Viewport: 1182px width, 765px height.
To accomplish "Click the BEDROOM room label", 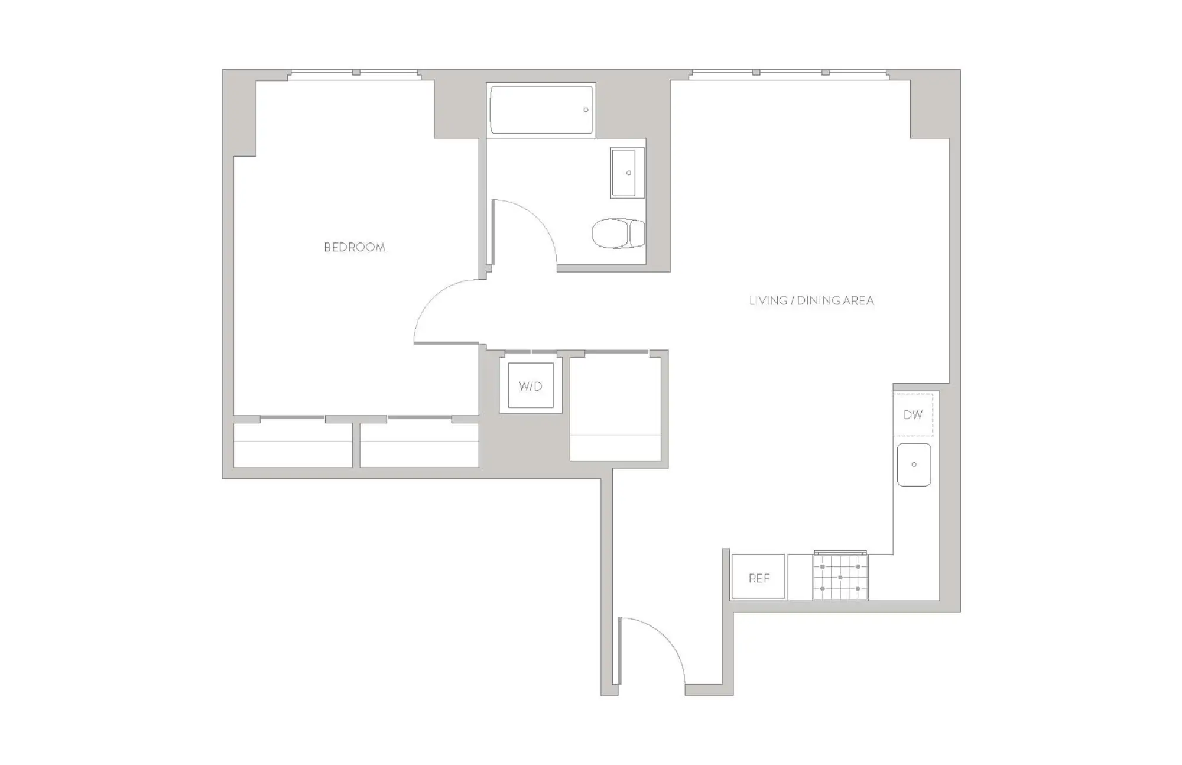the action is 355,247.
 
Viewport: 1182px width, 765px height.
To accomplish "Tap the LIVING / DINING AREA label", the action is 811,300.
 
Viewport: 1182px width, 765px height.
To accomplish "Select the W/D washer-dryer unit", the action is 531,385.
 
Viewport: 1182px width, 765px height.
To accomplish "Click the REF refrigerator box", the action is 759,577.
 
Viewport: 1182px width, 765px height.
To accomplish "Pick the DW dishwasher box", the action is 913,414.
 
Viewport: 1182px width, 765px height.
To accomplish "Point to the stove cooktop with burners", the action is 840,576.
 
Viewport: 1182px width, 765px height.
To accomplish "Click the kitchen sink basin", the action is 914,465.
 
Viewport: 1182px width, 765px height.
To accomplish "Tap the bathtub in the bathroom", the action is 541,110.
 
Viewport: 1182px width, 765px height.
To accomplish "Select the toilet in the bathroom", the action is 618,234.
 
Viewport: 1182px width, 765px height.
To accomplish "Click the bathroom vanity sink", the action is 627,173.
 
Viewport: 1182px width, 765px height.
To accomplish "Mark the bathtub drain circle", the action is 586,110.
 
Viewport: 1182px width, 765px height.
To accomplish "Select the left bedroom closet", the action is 293,445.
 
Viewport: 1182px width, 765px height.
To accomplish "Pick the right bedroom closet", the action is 420,445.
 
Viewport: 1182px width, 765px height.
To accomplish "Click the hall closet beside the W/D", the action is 615,408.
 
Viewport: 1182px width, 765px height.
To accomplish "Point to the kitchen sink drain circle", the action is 914,465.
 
